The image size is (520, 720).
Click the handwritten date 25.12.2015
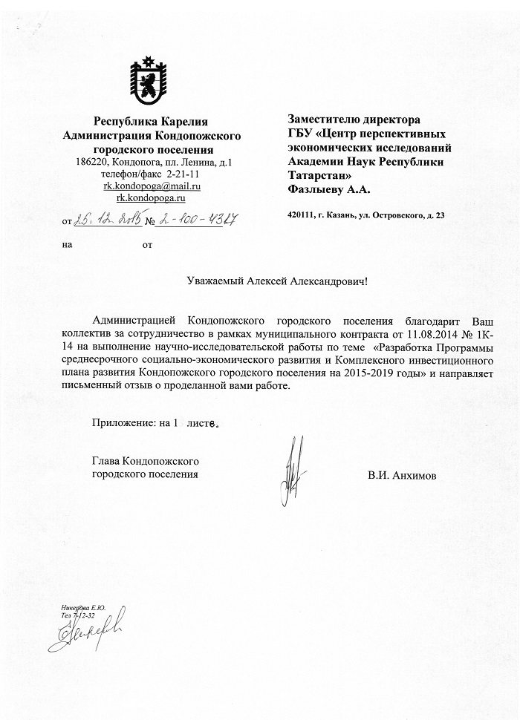tap(108, 220)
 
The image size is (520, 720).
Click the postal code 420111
tap(301, 215)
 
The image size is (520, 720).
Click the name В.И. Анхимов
tap(402, 474)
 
